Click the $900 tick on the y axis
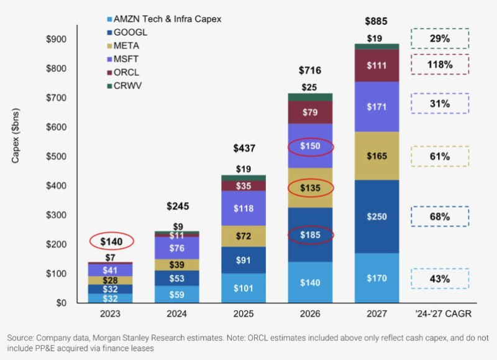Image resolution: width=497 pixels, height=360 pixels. (x=58, y=39)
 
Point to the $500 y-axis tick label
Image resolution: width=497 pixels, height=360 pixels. (x=58, y=157)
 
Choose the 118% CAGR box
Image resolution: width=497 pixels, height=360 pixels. (x=439, y=65)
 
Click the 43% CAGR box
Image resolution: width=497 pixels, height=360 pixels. (x=439, y=279)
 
